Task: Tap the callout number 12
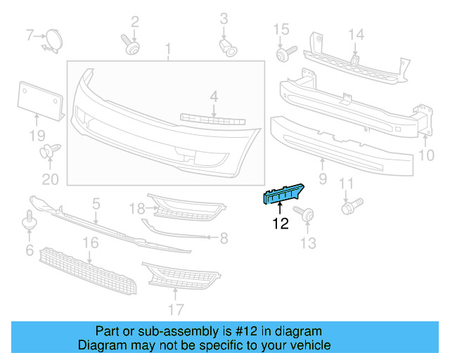click(281, 225)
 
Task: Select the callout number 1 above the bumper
click(168, 49)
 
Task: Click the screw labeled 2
click(131, 45)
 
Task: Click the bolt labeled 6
click(29, 221)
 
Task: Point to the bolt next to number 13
click(304, 214)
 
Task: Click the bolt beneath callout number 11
click(349, 207)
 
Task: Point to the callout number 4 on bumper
click(213, 95)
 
